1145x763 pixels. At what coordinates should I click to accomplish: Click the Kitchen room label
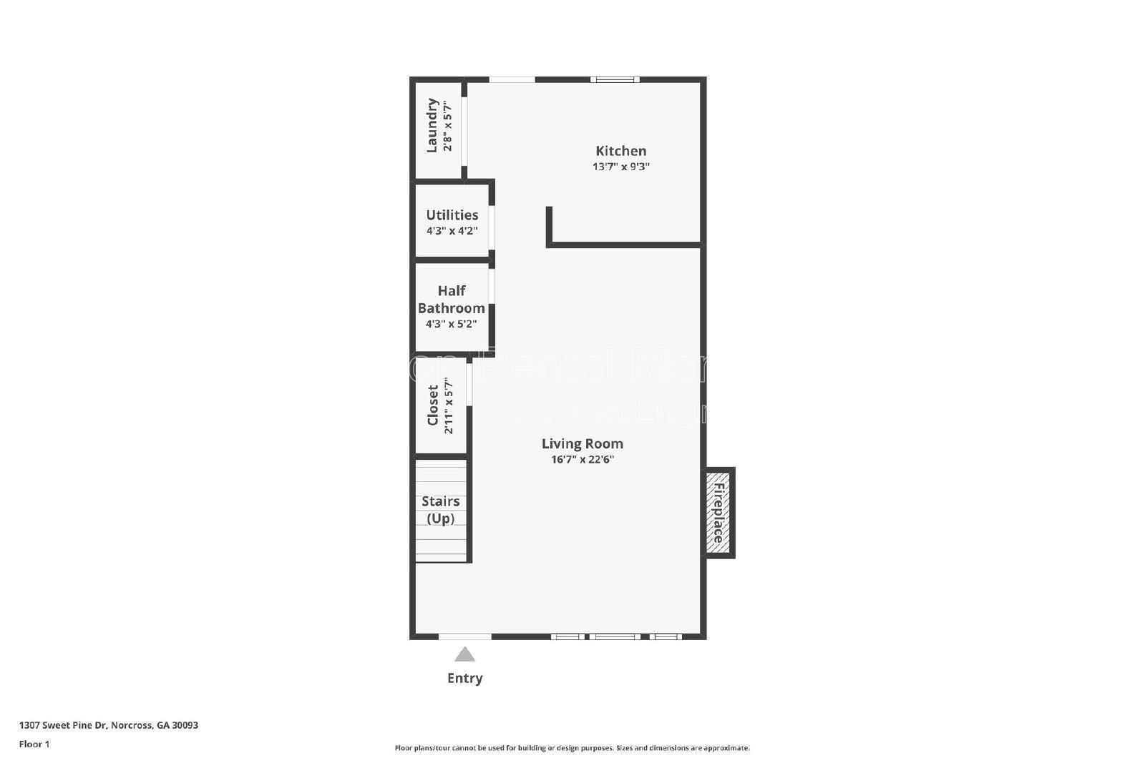[x=620, y=151]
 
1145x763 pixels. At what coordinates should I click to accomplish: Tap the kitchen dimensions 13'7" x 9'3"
[x=620, y=167]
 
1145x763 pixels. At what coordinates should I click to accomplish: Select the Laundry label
[x=432, y=125]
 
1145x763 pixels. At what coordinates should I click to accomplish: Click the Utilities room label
[x=452, y=215]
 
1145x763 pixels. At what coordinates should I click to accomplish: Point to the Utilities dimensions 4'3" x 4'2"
[x=452, y=231]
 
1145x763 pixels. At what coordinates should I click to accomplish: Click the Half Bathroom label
[x=452, y=299]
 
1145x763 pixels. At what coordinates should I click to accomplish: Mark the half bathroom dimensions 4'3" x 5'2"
[x=451, y=323]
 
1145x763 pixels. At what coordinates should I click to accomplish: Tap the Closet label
[x=433, y=405]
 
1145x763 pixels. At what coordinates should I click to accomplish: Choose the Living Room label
[x=582, y=443]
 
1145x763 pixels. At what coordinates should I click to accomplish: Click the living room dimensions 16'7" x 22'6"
[x=582, y=459]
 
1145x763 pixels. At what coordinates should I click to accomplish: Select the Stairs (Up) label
[x=440, y=509]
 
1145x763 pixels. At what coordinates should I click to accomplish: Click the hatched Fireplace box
[x=718, y=512]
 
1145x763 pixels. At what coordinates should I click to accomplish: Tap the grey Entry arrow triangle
[x=464, y=654]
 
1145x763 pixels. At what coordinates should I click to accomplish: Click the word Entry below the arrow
[x=464, y=678]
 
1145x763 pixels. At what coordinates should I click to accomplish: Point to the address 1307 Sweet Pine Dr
[x=108, y=725]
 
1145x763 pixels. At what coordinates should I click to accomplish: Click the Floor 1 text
[x=34, y=744]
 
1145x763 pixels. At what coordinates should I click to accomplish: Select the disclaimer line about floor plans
[x=572, y=748]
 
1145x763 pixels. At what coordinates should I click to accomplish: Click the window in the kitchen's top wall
[x=615, y=79]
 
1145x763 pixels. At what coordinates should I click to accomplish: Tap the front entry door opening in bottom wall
[x=464, y=636]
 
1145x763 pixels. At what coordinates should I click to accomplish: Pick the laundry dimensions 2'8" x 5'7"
[x=448, y=125]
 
